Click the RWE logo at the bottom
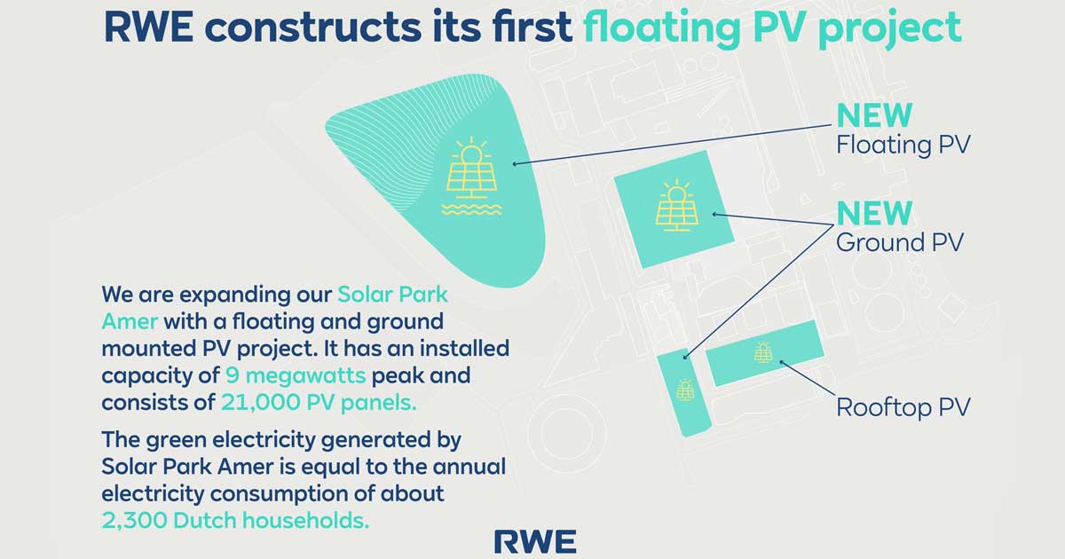tap(534, 540)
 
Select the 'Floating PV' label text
tap(902, 145)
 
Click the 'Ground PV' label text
tap(899, 241)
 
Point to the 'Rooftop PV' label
tap(903, 407)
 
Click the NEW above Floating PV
tap(874, 115)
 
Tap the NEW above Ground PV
tap(874, 213)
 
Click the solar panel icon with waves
tap(470, 178)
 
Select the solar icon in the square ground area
tap(676, 206)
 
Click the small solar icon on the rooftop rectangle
tap(763, 352)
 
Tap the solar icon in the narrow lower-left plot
tap(684, 390)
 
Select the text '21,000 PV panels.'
tap(317, 402)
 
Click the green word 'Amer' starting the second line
tap(129, 320)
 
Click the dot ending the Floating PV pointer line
tap(515, 164)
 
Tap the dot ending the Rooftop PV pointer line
tap(781, 362)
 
